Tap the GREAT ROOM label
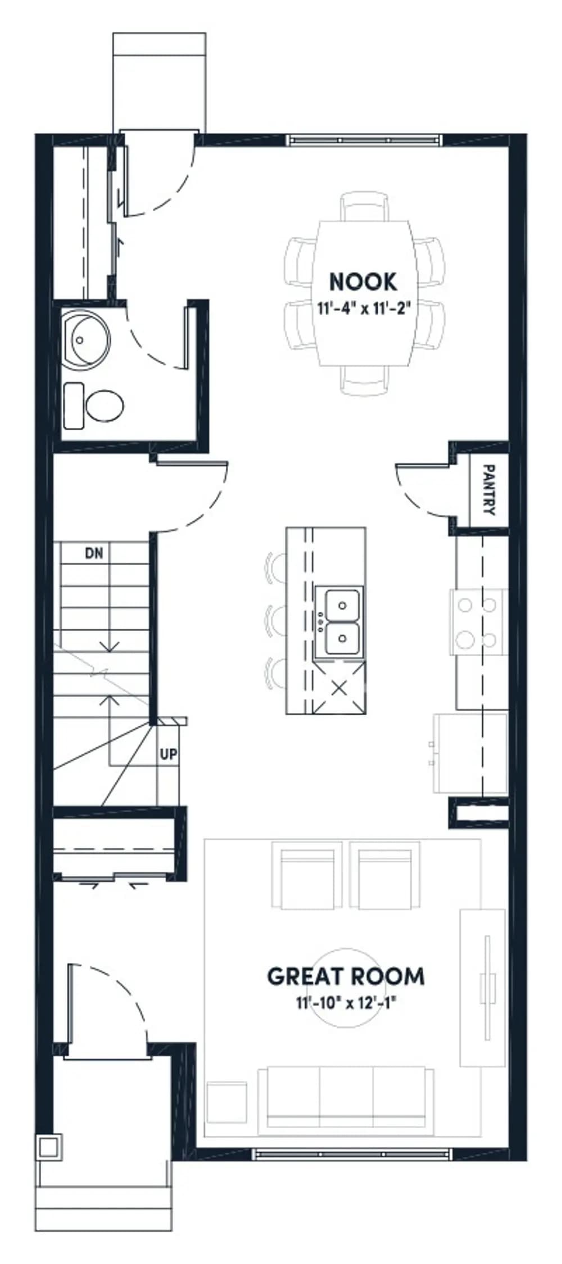(346, 977)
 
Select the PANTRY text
(489, 489)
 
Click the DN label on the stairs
(94, 553)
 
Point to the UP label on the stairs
(168, 754)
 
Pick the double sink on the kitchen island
(339, 622)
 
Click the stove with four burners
(478, 622)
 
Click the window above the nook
(364, 139)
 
